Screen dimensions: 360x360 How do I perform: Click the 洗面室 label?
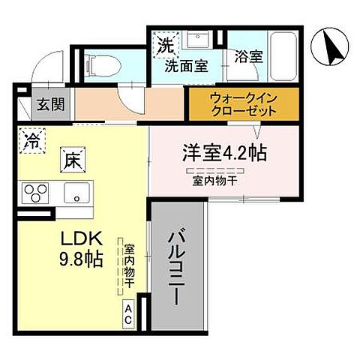click(186, 65)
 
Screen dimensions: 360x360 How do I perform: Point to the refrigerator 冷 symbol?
click(31, 141)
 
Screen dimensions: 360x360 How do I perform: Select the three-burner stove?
click(35, 193)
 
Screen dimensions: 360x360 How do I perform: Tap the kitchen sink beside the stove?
click(76, 193)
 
